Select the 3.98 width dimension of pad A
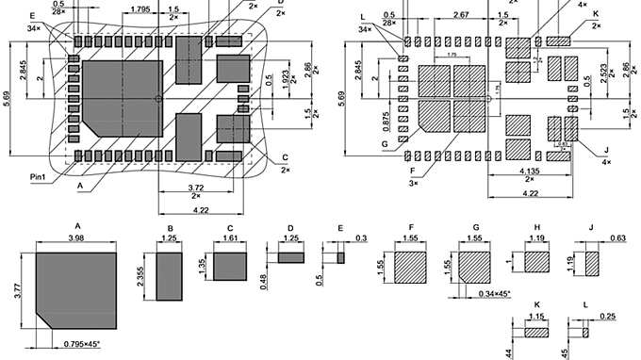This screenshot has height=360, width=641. [x=77, y=238]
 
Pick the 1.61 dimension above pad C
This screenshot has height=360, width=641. [x=229, y=239]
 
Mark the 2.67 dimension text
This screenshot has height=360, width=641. [x=461, y=15]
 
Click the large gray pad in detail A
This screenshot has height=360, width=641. [x=77, y=290]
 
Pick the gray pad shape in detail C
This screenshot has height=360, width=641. [x=229, y=267]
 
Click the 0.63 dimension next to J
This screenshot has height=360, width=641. [x=618, y=238]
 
